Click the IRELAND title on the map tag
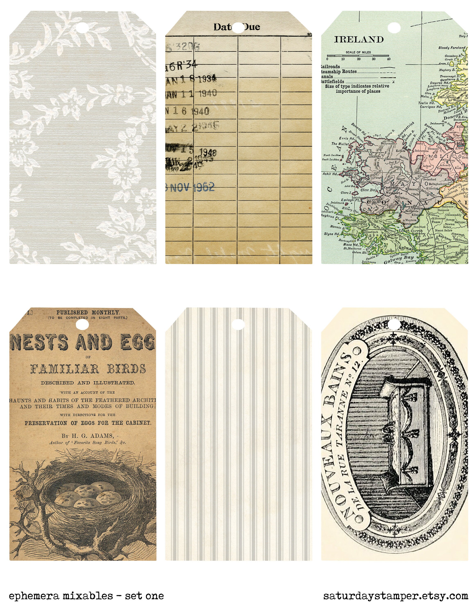359,39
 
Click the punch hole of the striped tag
238,324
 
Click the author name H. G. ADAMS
87,436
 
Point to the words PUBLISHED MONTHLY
88,313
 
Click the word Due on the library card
251,27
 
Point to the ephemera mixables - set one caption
86,596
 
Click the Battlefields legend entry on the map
333,82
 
